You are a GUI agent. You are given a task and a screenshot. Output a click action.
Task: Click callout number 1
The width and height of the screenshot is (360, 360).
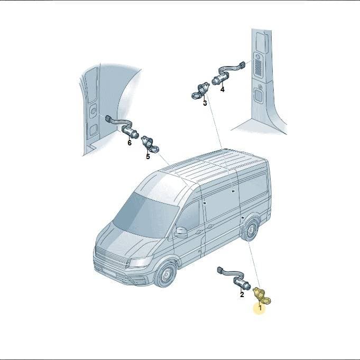coord(260,308)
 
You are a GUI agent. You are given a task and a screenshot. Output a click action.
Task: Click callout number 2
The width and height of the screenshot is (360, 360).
coord(242,294)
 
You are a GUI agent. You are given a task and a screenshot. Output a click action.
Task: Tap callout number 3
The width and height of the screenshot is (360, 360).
coord(205,103)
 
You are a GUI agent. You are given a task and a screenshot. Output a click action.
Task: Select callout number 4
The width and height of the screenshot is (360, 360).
coord(222,89)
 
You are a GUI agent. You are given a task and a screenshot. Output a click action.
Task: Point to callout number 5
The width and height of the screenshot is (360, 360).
coord(148,156)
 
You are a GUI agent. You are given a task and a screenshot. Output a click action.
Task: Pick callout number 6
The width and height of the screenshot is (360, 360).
coord(130,143)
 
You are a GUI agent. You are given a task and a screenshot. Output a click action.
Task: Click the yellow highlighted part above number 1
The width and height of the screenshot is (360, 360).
coord(262,296)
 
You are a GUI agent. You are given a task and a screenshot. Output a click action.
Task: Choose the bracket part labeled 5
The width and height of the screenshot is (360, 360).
coord(150,144)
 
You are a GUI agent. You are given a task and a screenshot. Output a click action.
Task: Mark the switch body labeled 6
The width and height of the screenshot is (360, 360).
coord(130,132)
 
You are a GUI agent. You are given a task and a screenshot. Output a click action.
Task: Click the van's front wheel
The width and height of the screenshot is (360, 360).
coord(165,274)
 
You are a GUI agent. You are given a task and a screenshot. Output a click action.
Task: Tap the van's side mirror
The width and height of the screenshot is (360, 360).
coord(181,233)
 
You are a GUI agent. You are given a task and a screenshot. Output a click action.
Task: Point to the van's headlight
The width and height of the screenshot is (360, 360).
coord(140,262)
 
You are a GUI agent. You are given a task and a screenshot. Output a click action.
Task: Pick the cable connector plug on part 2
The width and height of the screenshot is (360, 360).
coord(220,270)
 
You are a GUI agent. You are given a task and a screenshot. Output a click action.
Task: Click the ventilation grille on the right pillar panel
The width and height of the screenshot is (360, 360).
coord(258,67)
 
